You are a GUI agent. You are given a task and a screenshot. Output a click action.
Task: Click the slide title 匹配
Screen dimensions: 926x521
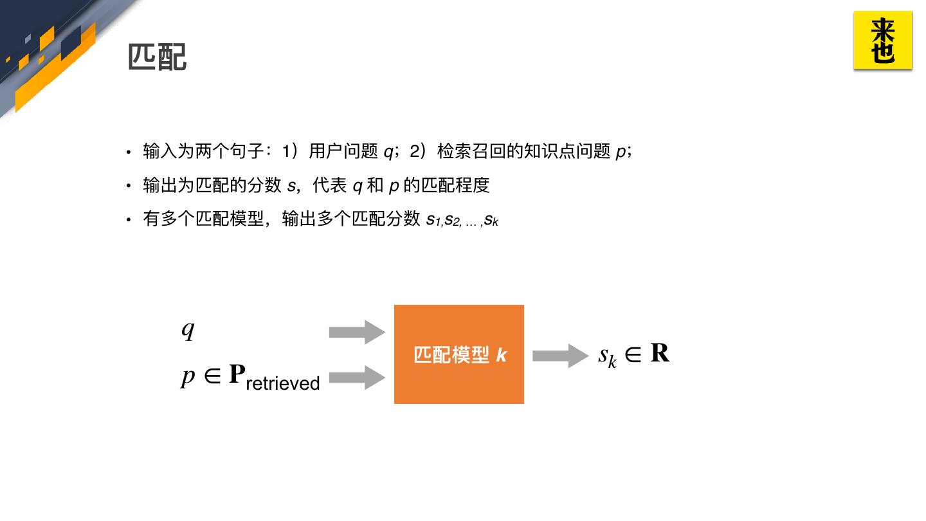[158, 57]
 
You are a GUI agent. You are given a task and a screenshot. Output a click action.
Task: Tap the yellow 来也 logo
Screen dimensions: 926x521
[883, 40]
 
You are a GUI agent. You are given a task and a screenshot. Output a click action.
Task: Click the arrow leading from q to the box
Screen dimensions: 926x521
[357, 332]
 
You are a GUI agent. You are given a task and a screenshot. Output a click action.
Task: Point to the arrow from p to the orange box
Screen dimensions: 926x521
[357, 378]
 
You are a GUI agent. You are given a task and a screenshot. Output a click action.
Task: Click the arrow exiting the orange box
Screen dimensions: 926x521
[560, 356]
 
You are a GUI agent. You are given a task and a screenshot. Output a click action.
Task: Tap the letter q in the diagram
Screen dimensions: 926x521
[188, 329]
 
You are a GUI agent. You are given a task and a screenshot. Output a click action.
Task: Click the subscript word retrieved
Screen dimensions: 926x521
[283, 383]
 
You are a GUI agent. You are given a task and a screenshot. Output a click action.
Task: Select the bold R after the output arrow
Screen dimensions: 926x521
[660, 353]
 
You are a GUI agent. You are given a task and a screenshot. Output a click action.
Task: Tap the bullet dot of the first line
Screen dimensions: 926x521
[129, 152]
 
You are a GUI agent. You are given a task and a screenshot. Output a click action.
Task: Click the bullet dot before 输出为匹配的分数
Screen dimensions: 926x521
[129, 187]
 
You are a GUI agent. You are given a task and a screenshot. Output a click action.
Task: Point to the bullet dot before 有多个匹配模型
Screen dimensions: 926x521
[129, 220]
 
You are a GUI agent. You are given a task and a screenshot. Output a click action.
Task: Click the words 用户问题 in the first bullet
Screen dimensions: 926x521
[343, 152]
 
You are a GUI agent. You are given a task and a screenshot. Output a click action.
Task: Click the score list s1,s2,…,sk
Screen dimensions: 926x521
[462, 220]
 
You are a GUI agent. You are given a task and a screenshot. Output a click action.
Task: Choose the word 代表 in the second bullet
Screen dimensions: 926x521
[330, 186]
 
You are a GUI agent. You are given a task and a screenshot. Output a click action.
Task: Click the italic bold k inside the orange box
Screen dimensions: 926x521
[502, 355]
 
